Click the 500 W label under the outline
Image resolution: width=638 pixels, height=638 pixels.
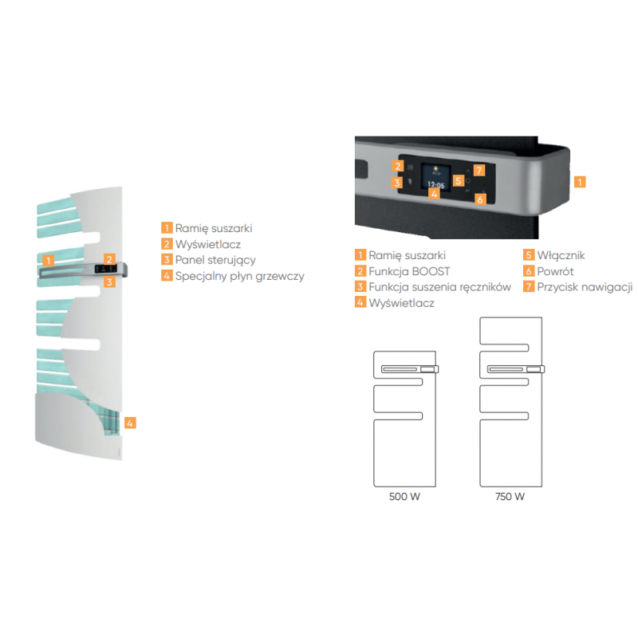(x=404, y=496)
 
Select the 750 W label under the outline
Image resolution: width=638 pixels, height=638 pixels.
(x=510, y=496)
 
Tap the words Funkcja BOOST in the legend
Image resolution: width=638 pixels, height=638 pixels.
(x=409, y=271)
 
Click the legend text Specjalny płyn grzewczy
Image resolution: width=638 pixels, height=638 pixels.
(x=240, y=276)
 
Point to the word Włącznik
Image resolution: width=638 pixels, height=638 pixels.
(x=561, y=255)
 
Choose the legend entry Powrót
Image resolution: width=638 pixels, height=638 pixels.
(x=555, y=271)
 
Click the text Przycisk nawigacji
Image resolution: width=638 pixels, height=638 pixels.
(x=585, y=287)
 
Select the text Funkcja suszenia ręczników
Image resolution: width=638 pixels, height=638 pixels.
(x=440, y=287)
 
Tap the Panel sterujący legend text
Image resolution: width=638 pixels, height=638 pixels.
(x=215, y=261)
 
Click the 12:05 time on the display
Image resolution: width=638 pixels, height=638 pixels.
(x=435, y=184)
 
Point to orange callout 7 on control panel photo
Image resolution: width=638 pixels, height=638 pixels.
(x=479, y=170)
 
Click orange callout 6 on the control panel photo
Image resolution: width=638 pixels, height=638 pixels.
(x=481, y=199)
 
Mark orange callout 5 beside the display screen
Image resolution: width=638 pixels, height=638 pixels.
(x=459, y=181)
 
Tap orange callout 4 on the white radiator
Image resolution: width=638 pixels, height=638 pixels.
(x=130, y=423)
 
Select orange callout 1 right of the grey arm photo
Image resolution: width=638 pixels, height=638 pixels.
(x=580, y=182)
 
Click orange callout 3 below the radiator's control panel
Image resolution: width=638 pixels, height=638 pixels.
(x=109, y=282)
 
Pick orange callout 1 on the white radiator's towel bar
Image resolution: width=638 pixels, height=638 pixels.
(x=49, y=261)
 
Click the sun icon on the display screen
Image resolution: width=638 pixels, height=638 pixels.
(x=435, y=168)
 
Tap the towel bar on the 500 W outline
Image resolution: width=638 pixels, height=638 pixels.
(x=410, y=369)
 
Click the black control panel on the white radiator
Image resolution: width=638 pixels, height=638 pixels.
(x=106, y=269)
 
